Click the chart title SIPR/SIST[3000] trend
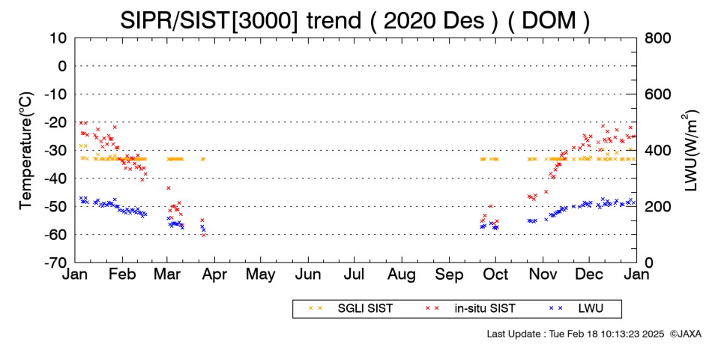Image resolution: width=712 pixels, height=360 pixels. pos(241,20)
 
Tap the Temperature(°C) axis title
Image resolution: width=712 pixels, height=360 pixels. pos(26,151)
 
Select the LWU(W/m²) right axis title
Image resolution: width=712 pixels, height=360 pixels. pos(690,150)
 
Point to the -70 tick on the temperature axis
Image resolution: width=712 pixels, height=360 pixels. pos(55,262)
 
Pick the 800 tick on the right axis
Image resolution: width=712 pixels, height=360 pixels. pos(657,38)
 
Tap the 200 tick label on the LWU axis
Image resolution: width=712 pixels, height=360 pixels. pos(657,207)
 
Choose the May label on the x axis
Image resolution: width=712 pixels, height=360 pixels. pos(260,275)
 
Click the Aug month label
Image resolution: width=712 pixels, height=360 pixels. pos(402,275)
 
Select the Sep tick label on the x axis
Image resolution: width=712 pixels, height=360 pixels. pos(449,275)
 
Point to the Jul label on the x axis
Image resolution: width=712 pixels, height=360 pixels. pos(354,274)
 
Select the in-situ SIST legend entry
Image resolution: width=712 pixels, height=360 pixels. pos(470,309)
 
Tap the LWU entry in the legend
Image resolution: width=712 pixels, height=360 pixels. pos(576,309)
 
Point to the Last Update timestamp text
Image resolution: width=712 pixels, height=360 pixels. pos(576,334)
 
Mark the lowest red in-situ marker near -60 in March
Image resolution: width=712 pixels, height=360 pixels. pos(204,235)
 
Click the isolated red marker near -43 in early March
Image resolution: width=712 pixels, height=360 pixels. pos(169,187)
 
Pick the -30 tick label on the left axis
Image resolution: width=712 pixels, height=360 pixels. pos(55,151)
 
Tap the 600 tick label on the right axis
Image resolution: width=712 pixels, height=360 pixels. pos(657,94)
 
